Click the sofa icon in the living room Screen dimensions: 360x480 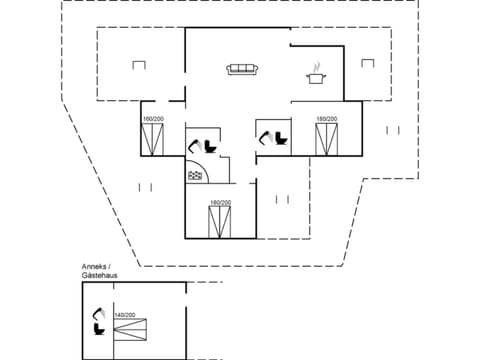click(x=242, y=69)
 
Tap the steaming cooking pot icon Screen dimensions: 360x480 click(x=318, y=73)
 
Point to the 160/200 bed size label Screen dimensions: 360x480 click(x=154, y=120)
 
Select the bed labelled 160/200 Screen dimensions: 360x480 click(x=154, y=140)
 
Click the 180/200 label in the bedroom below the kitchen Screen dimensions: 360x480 click(x=326, y=120)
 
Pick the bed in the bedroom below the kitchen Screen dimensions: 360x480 click(x=326, y=141)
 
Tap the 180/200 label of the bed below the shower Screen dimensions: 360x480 click(x=220, y=204)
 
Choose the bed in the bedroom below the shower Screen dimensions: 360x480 click(x=220, y=223)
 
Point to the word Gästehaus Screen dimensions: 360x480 click(x=101, y=276)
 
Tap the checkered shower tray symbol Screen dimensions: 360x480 click(x=195, y=176)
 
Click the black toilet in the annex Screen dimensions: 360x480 click(x=99, y=328)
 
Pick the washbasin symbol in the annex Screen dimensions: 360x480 click(x=98, y=313)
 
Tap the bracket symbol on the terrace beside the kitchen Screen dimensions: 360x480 click(x=392, y=130)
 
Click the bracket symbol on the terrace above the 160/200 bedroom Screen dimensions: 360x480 click(x=138, y=66)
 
